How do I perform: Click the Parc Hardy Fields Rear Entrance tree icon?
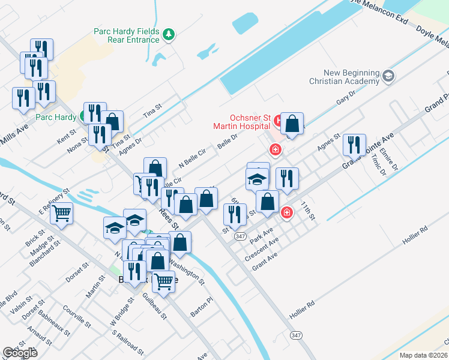point(169,35)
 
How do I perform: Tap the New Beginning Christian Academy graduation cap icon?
point(388,76)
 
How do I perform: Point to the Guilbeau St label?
point(155,306)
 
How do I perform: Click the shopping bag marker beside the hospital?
point(292,124)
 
